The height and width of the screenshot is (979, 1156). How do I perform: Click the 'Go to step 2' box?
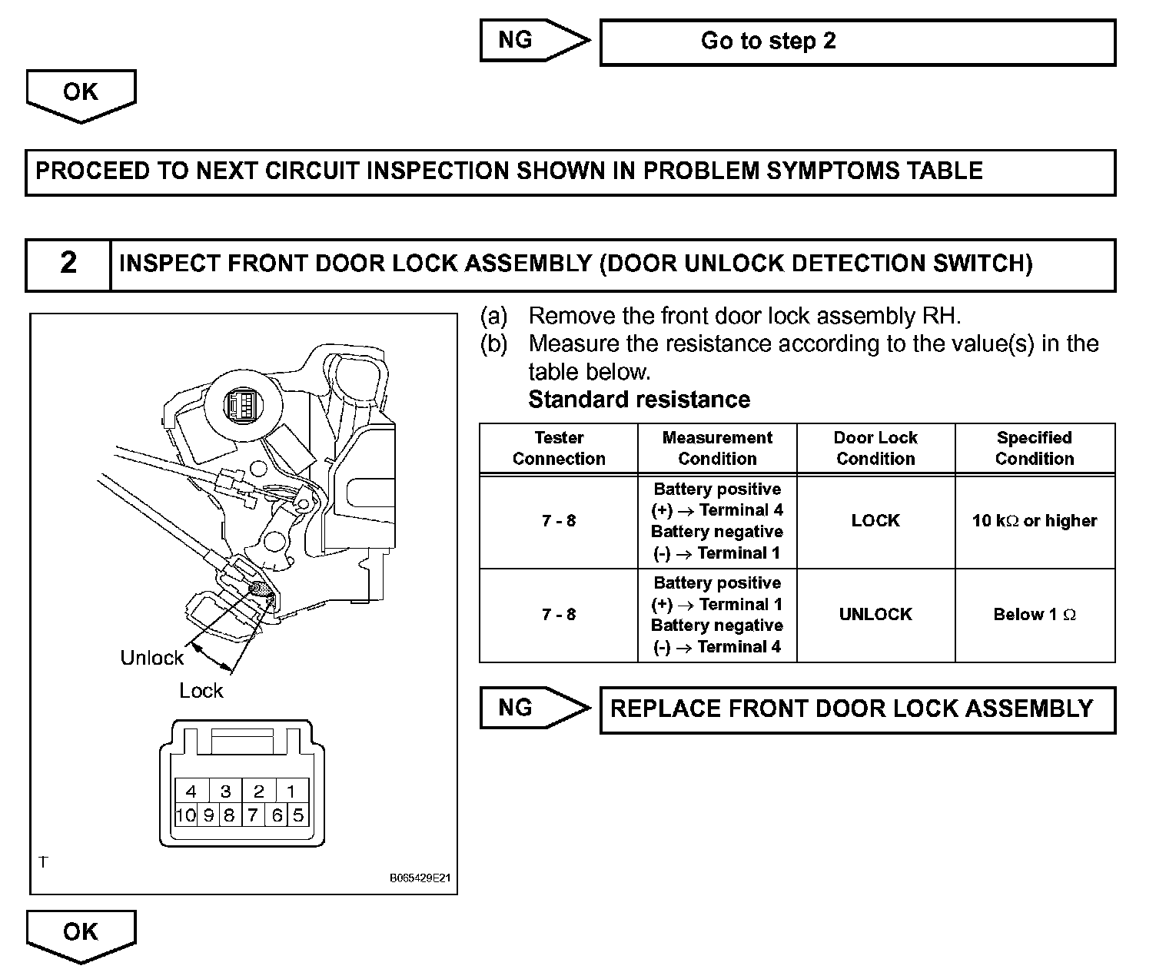(x=856, y=41)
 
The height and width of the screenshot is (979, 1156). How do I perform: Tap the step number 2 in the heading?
(x=68, y=264)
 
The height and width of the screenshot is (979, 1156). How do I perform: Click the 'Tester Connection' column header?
(x=559, y=448)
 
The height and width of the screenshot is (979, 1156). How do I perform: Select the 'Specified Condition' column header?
(x=1034, y=448)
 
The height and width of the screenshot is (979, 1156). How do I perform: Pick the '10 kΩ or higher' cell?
(x=1034, y=521)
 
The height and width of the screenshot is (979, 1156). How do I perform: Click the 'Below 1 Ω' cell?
(x=1034, y=615)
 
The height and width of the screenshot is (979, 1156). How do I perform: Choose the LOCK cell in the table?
(x=875, y=521)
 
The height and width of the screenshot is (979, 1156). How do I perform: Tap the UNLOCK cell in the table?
(x=875, y=615)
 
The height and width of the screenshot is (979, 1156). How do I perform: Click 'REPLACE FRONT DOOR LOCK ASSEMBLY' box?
(x=856, y=709)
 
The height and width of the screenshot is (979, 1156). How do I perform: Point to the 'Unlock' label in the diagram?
(x=152, y=658)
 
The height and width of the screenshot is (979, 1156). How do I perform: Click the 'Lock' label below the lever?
(x=201, y=691)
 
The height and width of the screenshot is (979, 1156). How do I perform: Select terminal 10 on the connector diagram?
(x=186, y=815)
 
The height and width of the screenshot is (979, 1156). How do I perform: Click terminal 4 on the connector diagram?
(x=191, y=791)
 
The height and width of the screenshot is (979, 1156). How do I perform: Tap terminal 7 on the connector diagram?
(x=253, y=815)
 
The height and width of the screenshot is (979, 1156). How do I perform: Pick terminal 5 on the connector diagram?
(x=298, y=815)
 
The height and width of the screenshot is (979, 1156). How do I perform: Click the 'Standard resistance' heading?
(x=639, y=400)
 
